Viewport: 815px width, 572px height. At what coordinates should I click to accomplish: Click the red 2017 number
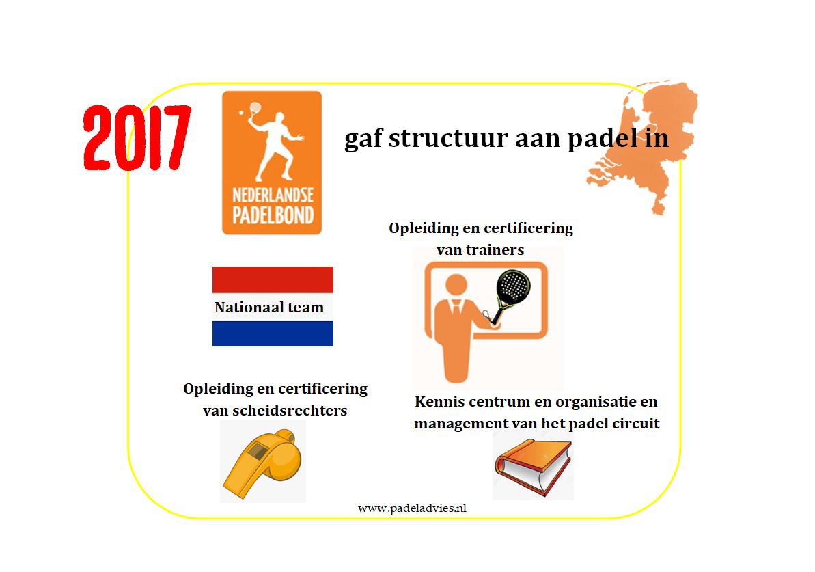coord(137,138)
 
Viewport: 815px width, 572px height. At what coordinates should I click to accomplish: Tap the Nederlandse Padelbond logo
coord(272,163)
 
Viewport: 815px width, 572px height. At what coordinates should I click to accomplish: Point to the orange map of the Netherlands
coord(644,146)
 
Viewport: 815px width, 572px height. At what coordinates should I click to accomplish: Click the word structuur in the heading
coord(448,138)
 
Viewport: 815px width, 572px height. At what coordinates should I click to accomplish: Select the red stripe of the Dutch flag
coord(273,280)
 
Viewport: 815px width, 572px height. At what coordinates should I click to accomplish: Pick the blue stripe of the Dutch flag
coord(273,333)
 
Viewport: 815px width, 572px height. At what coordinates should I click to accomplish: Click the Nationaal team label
coord(269,308)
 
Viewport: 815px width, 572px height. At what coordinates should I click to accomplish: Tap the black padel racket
coord(510,294)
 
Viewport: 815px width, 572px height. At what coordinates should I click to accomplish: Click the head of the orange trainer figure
coord(456,286)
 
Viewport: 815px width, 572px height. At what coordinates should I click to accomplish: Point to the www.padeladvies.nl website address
coord(412,508)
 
